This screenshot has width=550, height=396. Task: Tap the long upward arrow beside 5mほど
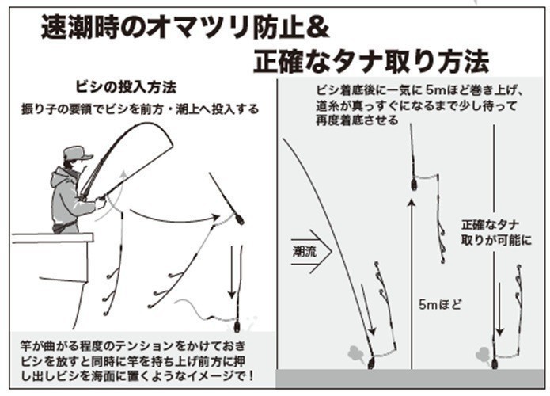[410, 277]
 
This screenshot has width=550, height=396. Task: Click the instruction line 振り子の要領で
[138, 108]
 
